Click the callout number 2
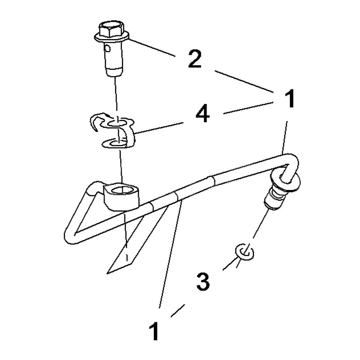(195, 59)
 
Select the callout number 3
(203, 282)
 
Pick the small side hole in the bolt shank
(107, 48)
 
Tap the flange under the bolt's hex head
(112, 38)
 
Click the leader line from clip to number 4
(159, 128)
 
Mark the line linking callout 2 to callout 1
(244, 81)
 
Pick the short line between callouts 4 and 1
(248, 108)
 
